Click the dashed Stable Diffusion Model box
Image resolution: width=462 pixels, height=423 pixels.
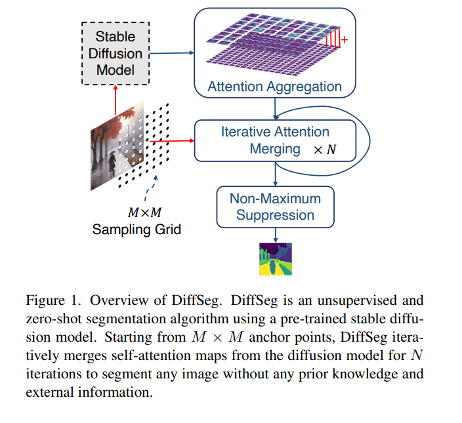click(115, 52)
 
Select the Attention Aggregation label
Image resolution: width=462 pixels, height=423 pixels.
click(274, 87)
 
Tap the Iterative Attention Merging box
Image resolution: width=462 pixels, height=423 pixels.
click(275, 140)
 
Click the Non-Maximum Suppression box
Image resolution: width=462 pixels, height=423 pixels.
click(275, 207)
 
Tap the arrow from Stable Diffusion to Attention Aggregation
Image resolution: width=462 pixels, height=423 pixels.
click(171, 52)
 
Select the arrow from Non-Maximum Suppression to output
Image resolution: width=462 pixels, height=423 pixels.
click(276, 234)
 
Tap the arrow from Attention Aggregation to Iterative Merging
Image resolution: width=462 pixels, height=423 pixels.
click(275, 107)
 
